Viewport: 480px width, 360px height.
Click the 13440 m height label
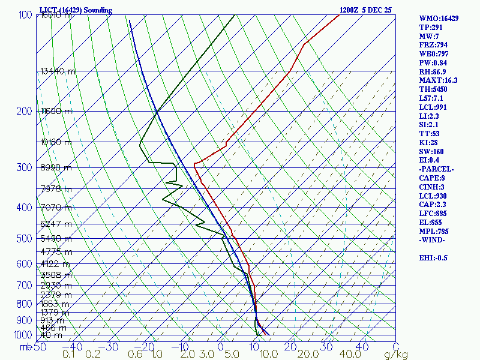coord(58,71)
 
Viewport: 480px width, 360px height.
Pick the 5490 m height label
coord(56,239)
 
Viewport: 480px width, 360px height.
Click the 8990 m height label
coord(56,168)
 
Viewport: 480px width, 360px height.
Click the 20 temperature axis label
coord(291,347)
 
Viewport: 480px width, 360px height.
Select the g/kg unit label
coord(397,355)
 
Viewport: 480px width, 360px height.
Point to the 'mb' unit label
coord(25,347)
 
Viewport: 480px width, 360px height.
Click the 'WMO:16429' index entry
coord(439,19)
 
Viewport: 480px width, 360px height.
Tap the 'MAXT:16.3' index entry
coord(438,80)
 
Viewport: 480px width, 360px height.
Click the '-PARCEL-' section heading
coord(436,169)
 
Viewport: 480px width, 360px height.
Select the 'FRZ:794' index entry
coord(433,45)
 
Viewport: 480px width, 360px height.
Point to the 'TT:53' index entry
coord(430,134)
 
